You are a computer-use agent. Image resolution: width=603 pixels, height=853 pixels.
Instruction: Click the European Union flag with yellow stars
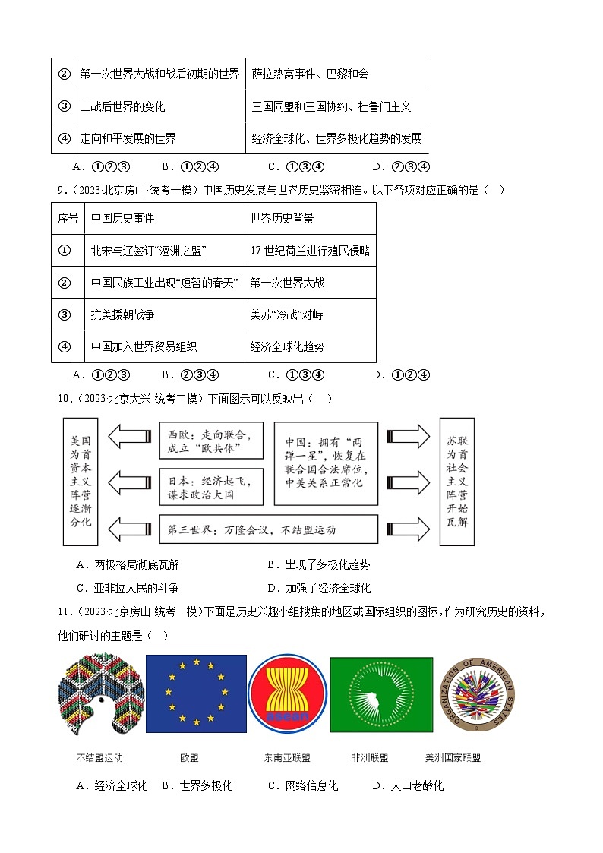click(196, 693)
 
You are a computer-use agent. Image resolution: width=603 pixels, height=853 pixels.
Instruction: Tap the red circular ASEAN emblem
click(287, 693)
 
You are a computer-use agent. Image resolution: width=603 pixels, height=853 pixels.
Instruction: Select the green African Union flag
click(381, 693)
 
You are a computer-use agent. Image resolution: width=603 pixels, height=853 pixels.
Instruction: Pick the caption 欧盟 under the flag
click(189, 757)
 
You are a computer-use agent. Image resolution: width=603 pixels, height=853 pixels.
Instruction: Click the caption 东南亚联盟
click(287, 757)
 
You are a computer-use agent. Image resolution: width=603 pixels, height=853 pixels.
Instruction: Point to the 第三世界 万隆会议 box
click(268, 529)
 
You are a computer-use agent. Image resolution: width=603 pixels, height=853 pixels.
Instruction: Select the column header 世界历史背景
click(282, 218)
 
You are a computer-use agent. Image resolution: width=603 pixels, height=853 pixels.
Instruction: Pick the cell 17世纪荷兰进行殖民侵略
click(310, 251)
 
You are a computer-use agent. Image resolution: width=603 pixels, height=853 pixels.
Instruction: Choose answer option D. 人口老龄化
click(408, 785)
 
